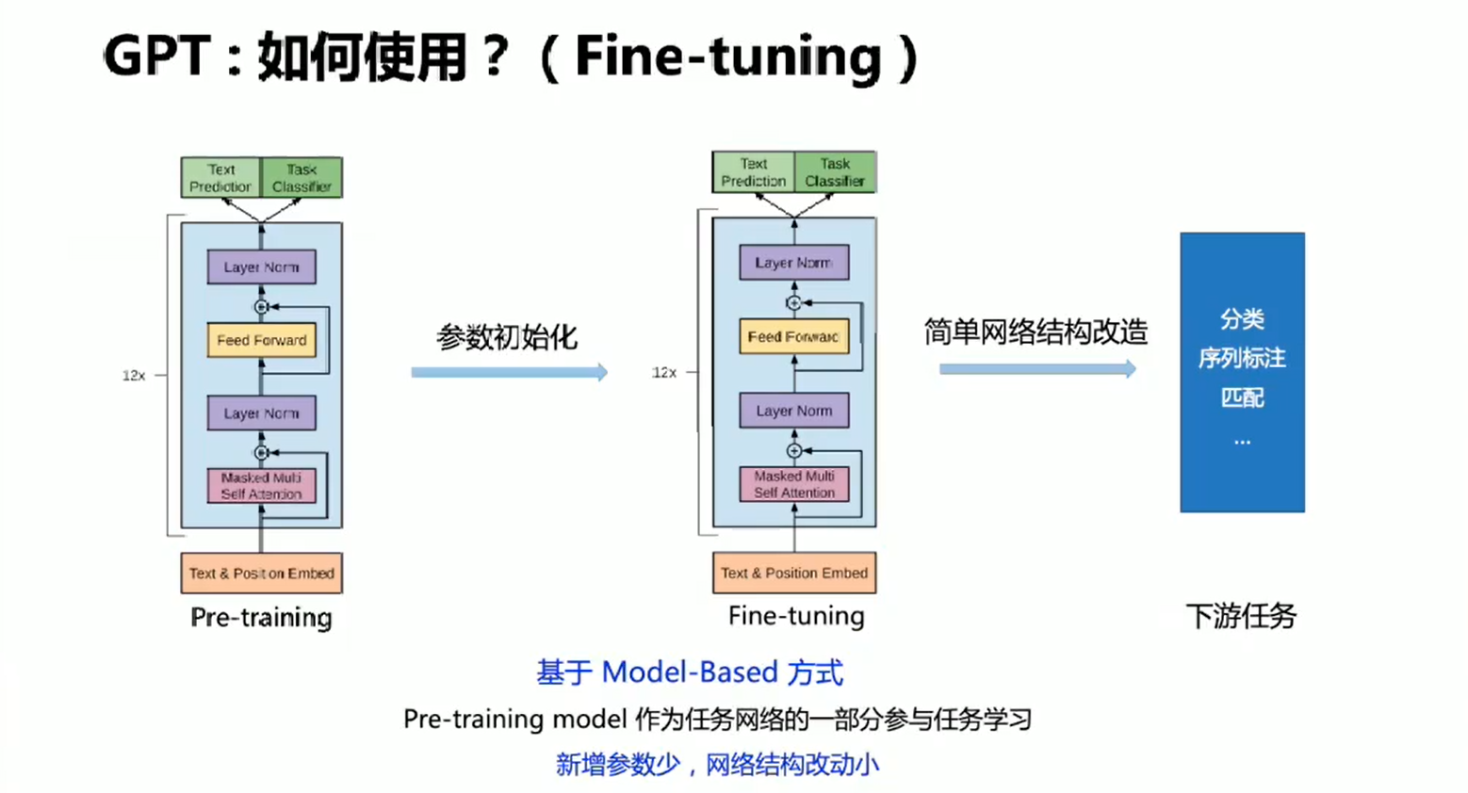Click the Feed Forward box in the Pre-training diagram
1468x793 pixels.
(x=261, y=340)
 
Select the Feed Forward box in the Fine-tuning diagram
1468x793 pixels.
(x=793, y=336)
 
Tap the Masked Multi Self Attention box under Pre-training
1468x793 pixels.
(x=261, y=486)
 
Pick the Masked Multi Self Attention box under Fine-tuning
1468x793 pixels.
(x=793, y=484)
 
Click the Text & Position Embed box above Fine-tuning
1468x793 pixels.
(x=793, y=573)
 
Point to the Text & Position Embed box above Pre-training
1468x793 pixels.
(x=261, y=573)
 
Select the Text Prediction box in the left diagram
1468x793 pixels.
(x=220, y=178)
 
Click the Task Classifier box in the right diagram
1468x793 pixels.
(x=835, y=172)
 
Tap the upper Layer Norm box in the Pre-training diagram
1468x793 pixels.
(x=261, y=267)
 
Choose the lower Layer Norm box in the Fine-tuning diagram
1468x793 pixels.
(x=793, y=411)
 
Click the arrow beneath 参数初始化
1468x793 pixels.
(x=509, y=373)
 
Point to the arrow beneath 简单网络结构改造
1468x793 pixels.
(x=1037, y=369)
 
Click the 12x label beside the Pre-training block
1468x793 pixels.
(x=134, y=375)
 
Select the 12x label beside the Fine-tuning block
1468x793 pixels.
(x=664, y=373)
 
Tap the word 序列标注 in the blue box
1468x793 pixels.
(x=1242, y=358)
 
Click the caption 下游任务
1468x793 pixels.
(x=1241, y=616)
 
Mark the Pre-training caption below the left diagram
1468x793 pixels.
(x=261, y=618)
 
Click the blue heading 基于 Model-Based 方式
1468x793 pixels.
(x=690, y=672)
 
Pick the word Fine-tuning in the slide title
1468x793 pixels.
(x=727, y=57)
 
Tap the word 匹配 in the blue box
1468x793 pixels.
(x=1242, y=397)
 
